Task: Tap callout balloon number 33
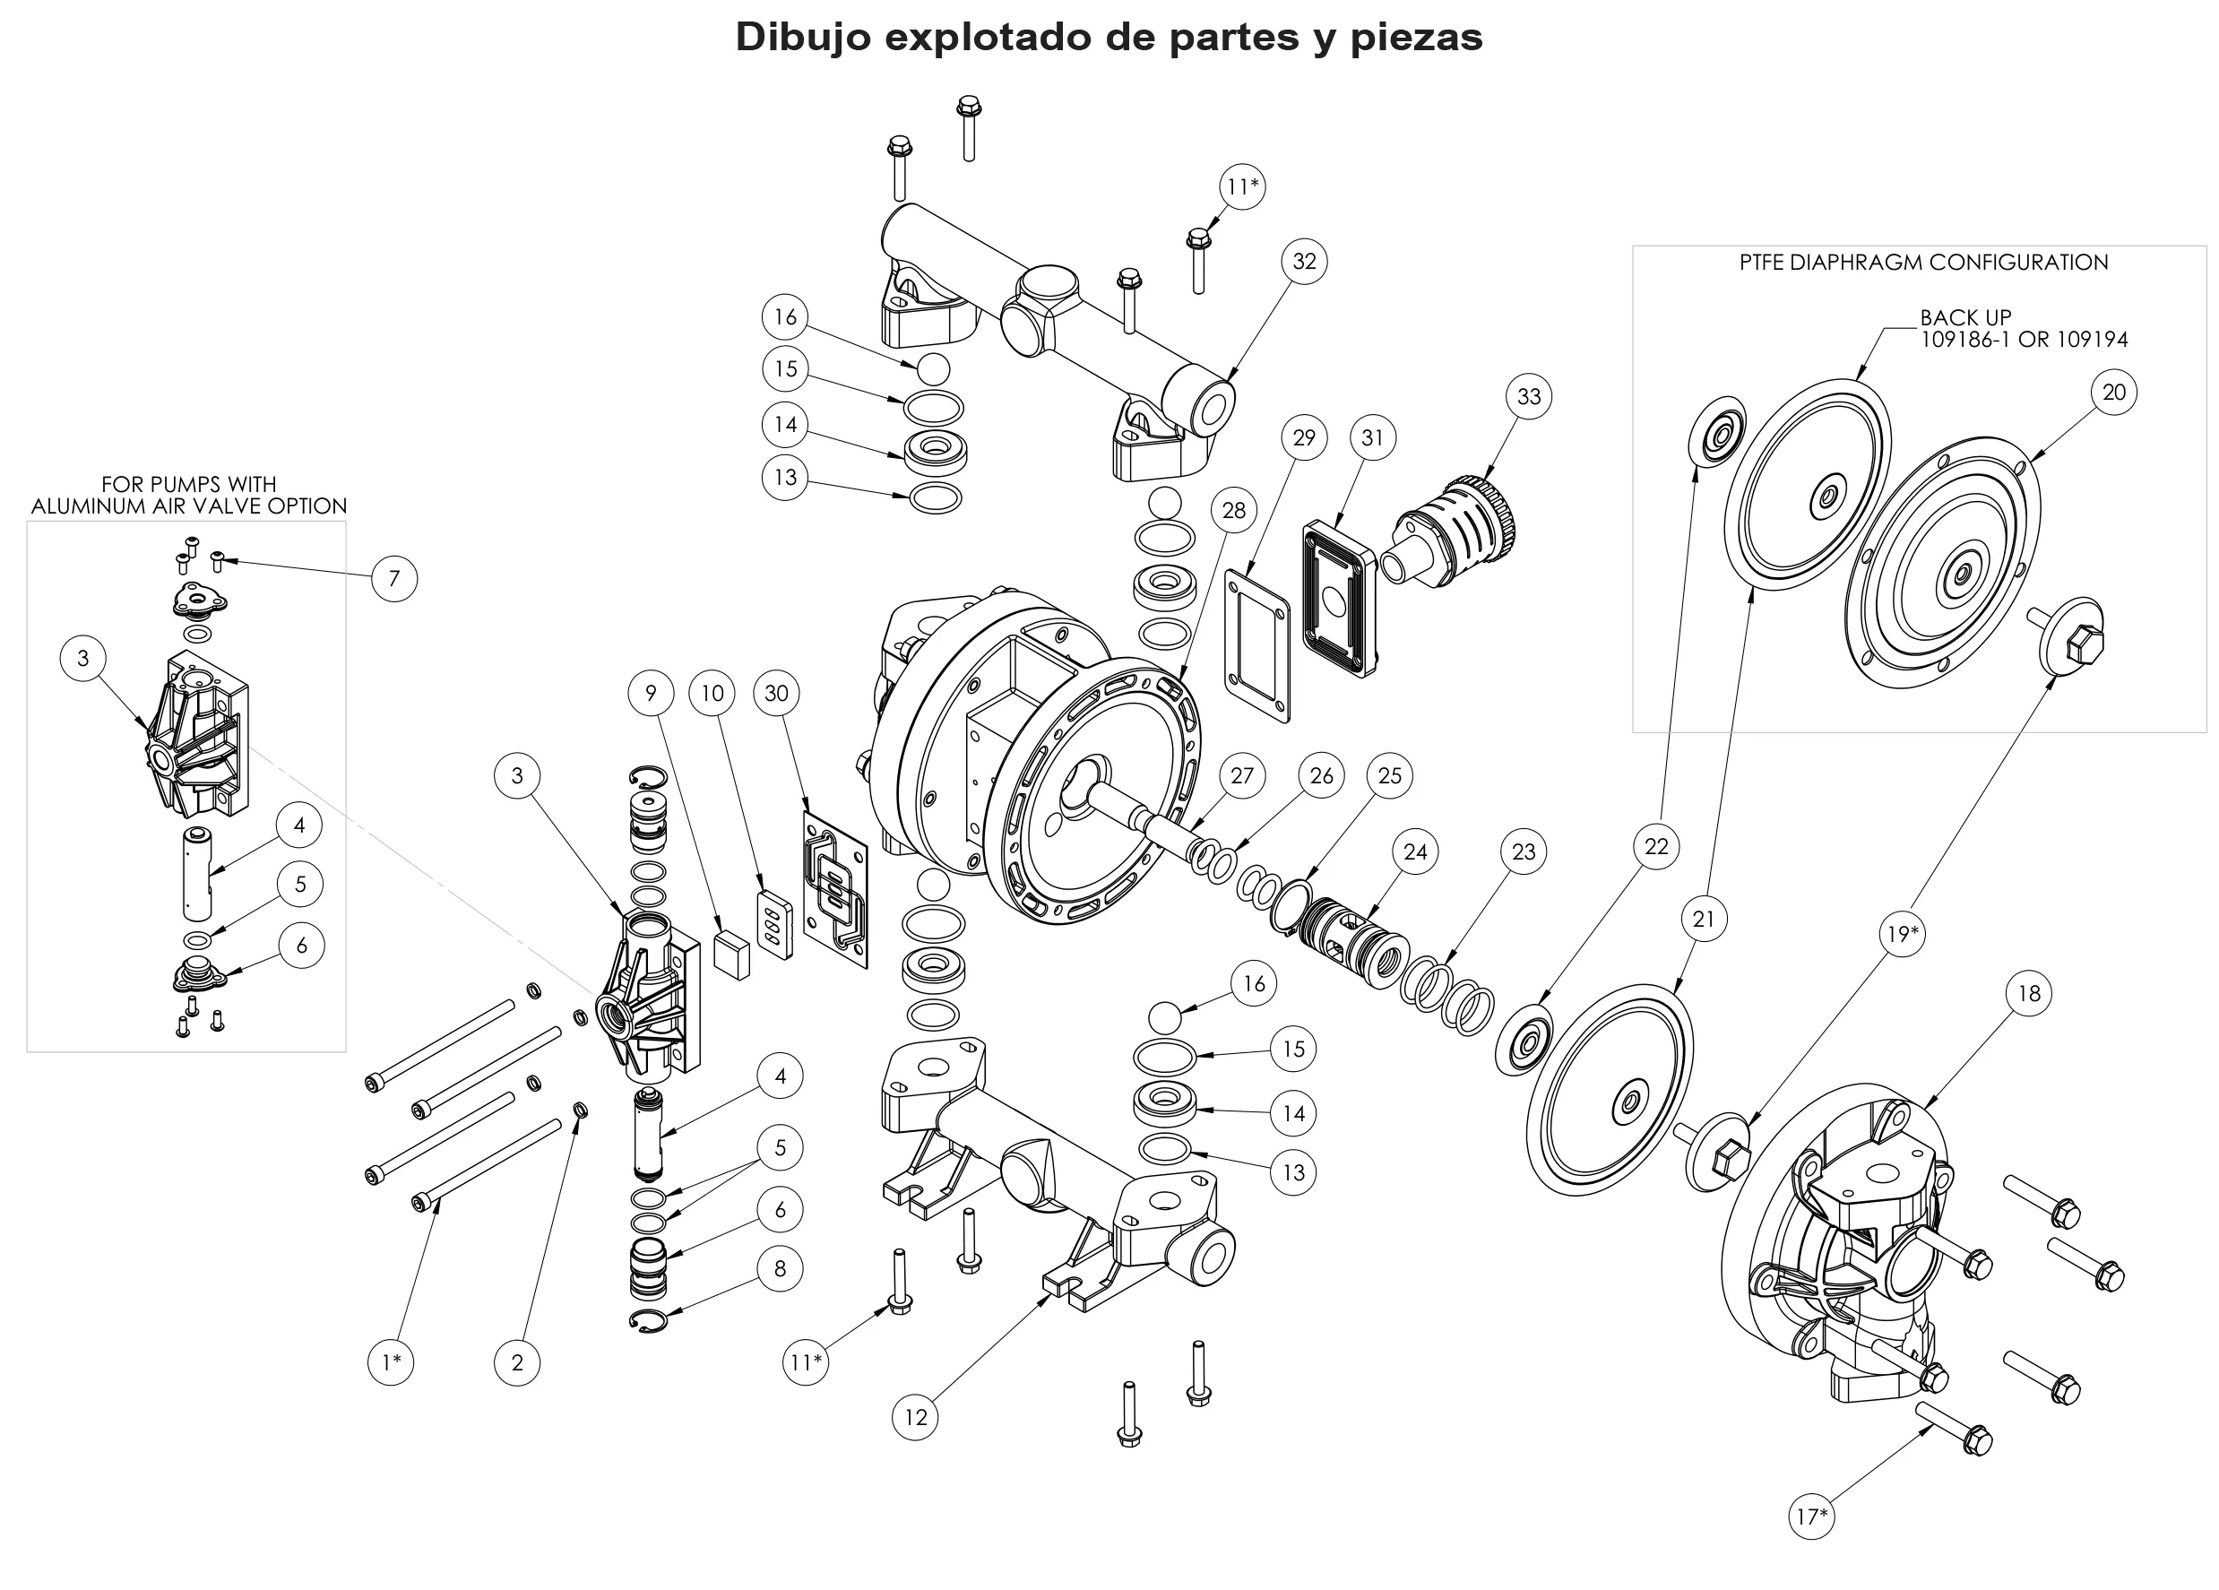(1528, 396)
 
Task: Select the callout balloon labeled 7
(394, 578)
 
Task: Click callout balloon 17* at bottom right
(1811, 1517)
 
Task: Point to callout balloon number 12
(915, 1417)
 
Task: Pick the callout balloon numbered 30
(776, 694)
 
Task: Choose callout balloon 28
(1234, 510)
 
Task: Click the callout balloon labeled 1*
(392, 1362)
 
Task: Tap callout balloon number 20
(2113, 393)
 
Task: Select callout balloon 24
(1415, 852)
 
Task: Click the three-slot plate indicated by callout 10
(776, 925)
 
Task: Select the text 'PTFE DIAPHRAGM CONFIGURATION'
(1922, 263)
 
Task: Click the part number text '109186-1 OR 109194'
(2024, 340)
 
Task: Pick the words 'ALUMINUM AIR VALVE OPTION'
(189, 506)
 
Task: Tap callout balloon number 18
(2028, 993)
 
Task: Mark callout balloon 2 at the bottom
(516, 1362)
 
